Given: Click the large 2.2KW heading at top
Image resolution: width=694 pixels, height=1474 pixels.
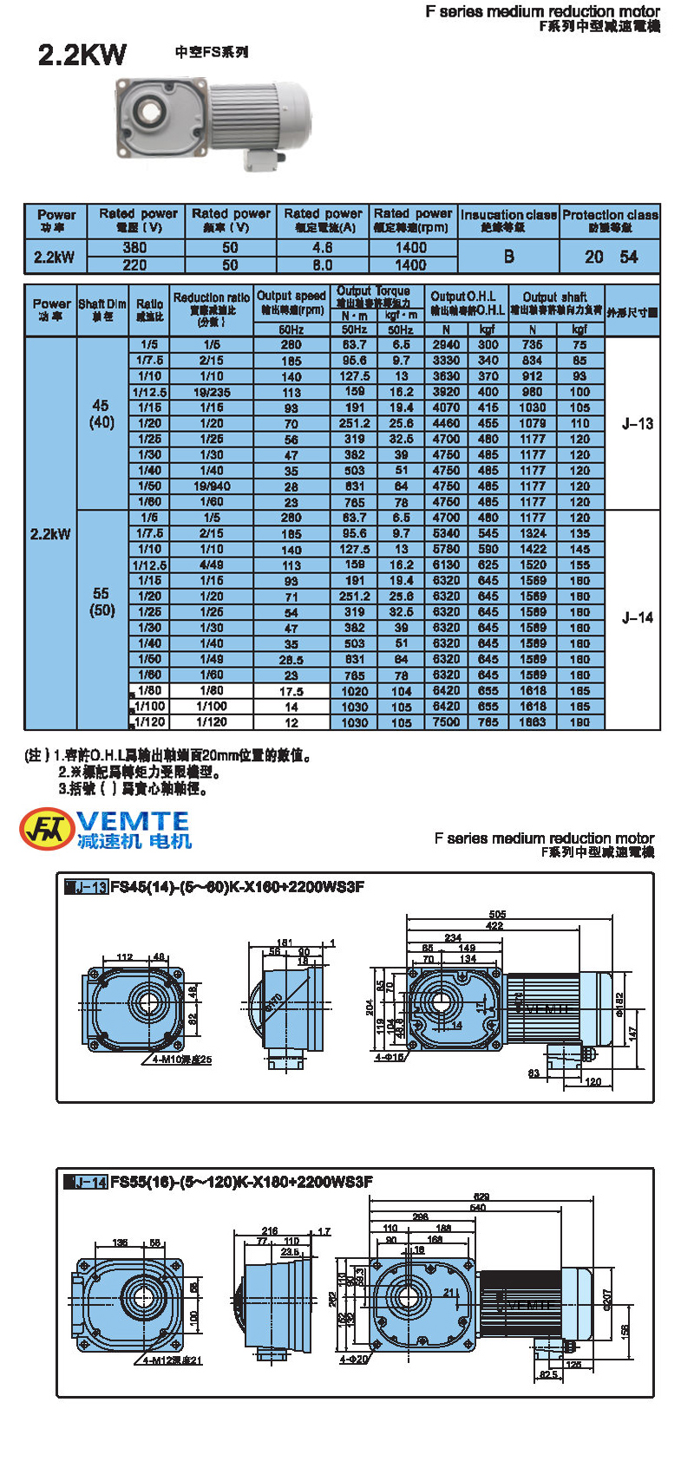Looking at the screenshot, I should click(x=82, y=55).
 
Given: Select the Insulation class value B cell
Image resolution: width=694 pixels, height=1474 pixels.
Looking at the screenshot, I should click(x=508, y=257).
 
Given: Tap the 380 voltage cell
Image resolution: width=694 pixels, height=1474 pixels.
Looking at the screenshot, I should click(x=134, y=247).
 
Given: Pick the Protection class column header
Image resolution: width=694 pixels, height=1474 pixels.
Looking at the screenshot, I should click(x=610, y=220).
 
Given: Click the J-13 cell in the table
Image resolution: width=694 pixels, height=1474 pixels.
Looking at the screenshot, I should click(x=638, y=424).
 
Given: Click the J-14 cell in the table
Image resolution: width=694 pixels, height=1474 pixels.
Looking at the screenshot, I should click(x=638, y=618).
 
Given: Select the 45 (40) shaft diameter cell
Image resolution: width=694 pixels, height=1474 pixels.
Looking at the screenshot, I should click(x=101, y=414).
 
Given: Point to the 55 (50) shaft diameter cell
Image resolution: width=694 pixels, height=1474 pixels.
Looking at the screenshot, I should click(x=101, y=602).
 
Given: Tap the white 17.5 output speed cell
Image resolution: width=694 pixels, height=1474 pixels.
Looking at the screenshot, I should click(x=291, y=692).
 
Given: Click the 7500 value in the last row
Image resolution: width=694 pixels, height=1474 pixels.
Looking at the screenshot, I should click(x=446, y=721).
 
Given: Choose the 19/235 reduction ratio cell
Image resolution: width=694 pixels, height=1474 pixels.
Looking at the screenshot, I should click(x=212, y=392).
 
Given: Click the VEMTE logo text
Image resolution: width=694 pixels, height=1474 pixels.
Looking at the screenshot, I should click(x=132, y=821).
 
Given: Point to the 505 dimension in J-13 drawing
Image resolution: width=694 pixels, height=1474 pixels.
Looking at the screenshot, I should click(x=497, y=915).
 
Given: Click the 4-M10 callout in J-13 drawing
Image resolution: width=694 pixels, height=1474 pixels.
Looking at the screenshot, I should click(x=181, y=1060).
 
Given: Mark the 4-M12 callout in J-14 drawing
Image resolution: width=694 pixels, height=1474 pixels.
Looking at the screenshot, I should click(x=173, y=1360).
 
